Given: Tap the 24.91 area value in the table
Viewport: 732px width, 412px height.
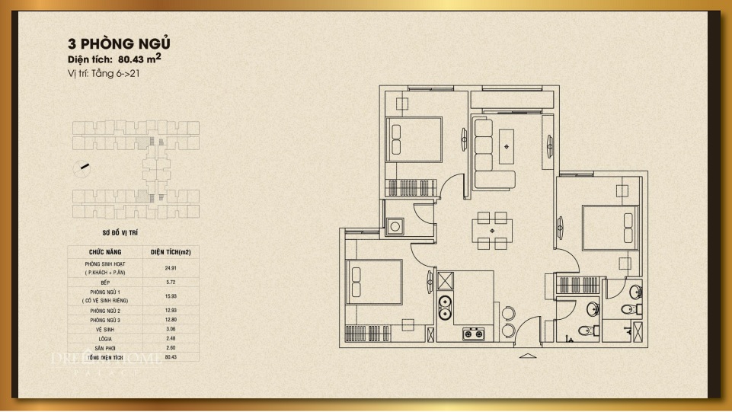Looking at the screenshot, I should [171, 267].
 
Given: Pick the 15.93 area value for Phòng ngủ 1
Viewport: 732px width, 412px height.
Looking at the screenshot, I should [171, 296].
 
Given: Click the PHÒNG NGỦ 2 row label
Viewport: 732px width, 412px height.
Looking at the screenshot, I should [105, 311].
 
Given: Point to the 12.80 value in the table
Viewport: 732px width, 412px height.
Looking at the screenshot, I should [171, 320].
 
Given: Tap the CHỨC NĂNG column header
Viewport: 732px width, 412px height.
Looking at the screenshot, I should [105, 251].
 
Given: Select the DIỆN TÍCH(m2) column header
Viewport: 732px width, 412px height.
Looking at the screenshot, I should [171, 251].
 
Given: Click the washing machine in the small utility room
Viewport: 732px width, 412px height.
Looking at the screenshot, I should [395, 227].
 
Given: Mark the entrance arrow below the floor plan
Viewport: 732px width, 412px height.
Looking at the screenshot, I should [527, 356].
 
